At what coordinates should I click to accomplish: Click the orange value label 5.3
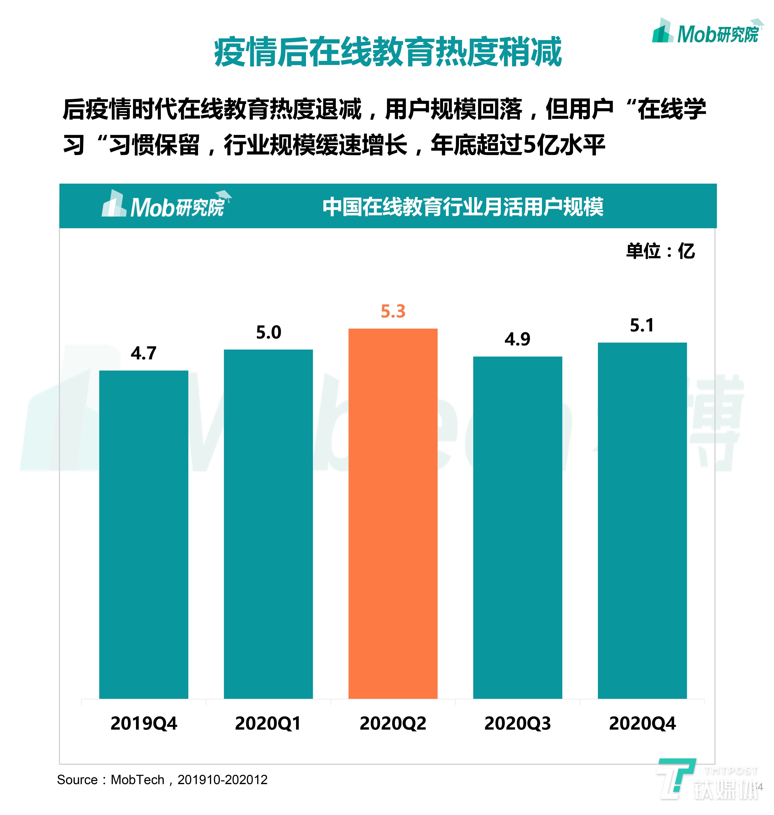coord(393,311)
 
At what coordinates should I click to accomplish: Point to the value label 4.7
coord(144,353)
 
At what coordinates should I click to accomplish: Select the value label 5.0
coord(268,332)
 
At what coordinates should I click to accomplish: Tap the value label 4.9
coord(517,339)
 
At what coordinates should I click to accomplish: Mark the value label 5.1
coord(642,325)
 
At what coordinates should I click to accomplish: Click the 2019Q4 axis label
coord(144,723)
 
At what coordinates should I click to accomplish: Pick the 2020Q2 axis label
coord(393,723)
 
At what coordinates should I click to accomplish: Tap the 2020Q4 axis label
coord(642,723)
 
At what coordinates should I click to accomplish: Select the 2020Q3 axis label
coord(517,723)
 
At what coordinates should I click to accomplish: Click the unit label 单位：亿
coord(660,251)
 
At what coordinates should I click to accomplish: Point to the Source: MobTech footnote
coord(162,779)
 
